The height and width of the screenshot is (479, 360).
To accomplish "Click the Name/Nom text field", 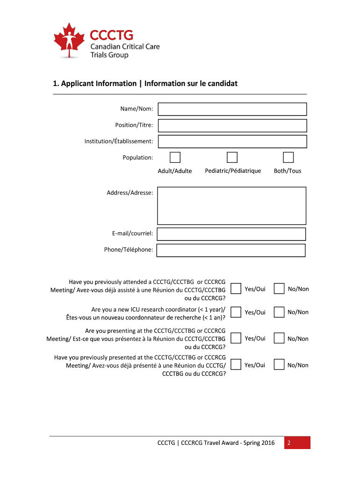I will coord(232,109).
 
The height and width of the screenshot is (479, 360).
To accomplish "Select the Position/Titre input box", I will coord(232,125).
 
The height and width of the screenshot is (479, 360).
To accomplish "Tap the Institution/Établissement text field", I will coord(232,141).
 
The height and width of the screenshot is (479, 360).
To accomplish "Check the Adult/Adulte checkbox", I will coord(175,158).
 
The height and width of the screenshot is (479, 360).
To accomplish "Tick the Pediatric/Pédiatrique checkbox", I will coord(232,158).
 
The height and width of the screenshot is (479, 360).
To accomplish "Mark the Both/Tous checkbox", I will coord(288,158).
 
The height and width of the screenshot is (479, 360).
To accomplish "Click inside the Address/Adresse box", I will coord(232,206).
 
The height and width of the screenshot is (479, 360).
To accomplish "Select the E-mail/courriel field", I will coord(231,234).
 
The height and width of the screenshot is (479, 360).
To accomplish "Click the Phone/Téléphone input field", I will coord(231,250).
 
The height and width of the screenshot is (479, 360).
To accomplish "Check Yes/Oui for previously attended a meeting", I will coord(236,289).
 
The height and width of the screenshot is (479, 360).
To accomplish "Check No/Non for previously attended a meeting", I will coord(279,289).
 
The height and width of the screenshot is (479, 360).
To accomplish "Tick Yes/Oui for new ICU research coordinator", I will coord(236,312).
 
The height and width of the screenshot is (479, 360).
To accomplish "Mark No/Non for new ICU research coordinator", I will coord(279,312).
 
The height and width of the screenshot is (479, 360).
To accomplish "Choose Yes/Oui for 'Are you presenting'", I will coord(236,338).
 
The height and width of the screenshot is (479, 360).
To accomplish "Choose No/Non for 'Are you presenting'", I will coord(279,338).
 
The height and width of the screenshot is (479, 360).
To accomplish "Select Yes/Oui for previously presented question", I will coord(236,365).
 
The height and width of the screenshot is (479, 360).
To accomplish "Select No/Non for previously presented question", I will coord(279,365).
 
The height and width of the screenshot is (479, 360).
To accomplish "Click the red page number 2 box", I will coord(297,443).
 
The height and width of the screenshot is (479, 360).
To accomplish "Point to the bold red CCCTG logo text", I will coord(111,35).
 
